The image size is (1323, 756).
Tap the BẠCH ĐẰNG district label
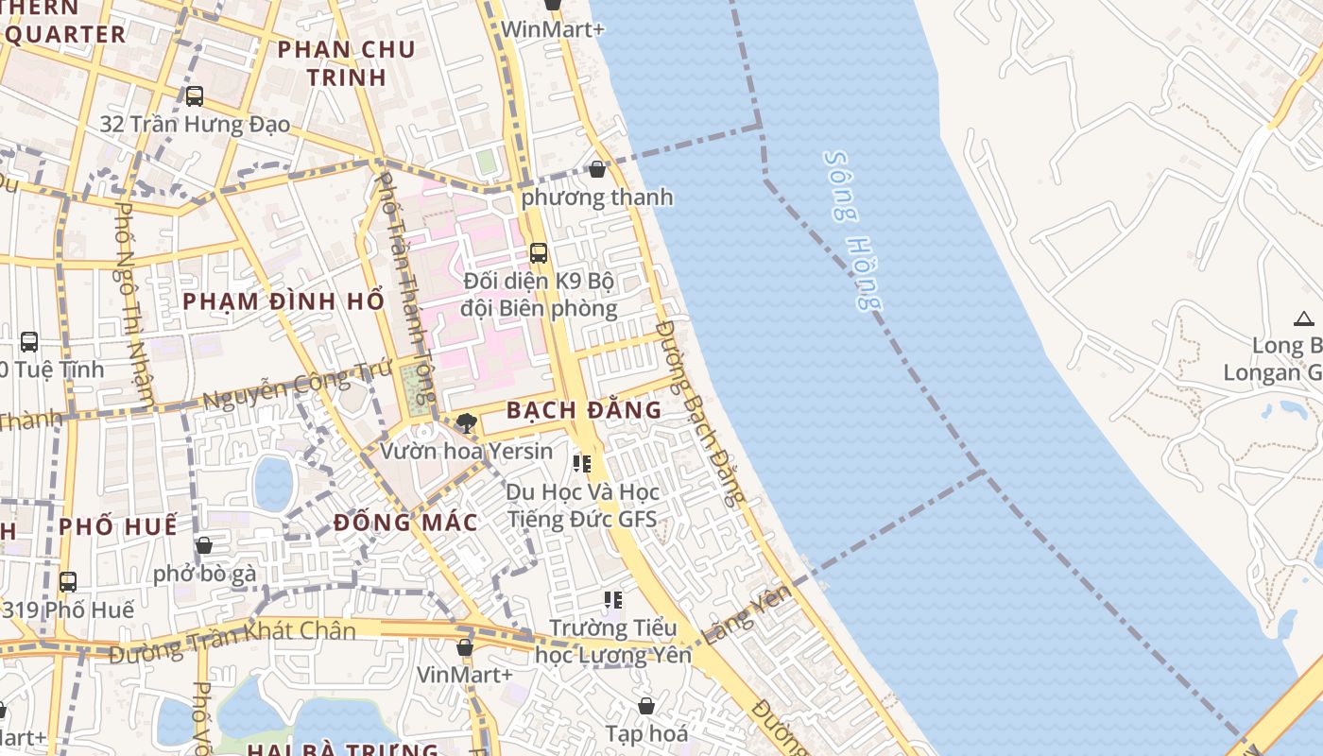pos(583,410)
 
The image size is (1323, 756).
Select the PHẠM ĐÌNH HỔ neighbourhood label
pos(283,301)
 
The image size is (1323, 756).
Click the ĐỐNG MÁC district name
pos(405,523)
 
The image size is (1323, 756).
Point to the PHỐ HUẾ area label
pos(118,526)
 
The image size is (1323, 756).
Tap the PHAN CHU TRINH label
pos(347,63)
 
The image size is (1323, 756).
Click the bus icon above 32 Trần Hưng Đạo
pos(194,95)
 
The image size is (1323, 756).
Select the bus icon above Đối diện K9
pos(538,253)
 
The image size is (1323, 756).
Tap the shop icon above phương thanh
pos(597,169)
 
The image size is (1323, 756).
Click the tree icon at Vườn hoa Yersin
pos(465,422)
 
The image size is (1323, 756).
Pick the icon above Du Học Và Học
pos(582,463)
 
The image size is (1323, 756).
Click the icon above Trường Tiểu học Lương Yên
pos(613,600)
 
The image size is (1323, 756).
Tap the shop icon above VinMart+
pos(464,647)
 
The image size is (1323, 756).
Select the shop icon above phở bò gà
pos(203,545)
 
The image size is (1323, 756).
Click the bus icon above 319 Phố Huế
pos(67,581)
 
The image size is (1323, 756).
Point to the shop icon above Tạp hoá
pos(646,706)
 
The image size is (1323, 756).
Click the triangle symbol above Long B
pos(1304,318)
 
